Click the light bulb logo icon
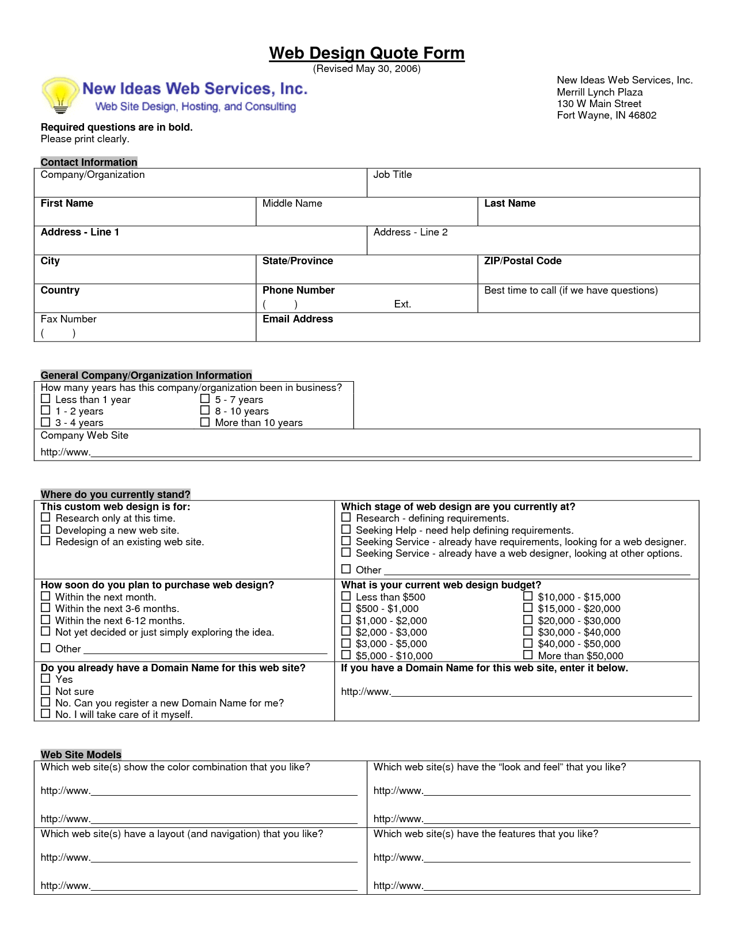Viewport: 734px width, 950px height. [60, 94]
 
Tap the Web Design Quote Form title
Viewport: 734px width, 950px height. [367, 53]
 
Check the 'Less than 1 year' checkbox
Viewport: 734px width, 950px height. [46, 398]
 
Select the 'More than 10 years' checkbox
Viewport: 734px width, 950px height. [205, 421]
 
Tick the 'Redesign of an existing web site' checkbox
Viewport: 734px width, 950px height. [46, 541]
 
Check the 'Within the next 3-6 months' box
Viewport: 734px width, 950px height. [46, 607]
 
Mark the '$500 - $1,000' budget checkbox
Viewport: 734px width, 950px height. [346, 607]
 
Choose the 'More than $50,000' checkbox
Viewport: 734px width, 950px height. [528, 655]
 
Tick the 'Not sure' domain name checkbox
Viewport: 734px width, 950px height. [46, 690]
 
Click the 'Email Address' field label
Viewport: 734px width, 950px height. [298, 319]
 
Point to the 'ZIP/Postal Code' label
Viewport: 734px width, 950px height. [523, 261]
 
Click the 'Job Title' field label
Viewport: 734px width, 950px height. [393, 174]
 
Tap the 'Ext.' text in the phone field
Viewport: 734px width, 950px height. [402, 304]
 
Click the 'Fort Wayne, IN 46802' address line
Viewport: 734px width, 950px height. [606, 115]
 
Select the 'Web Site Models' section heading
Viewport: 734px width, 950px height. [81, 754]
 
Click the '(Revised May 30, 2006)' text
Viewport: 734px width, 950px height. [367, 69]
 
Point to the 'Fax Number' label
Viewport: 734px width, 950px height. [69, 319]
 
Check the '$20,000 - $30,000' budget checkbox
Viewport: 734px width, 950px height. [528, 620]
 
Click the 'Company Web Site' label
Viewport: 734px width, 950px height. [85, 435]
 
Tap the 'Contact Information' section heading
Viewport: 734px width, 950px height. [89, 162]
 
